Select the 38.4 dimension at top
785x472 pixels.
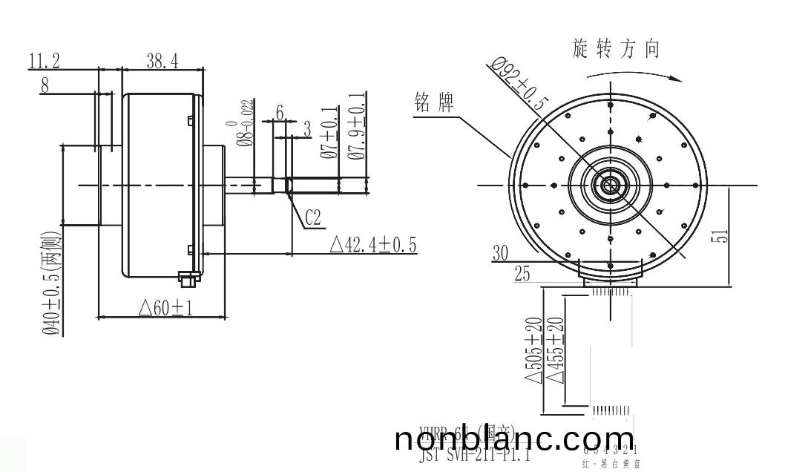coord(162,62)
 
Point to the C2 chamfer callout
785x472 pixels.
coord(313,217)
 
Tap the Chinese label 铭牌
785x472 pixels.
coord(435,104)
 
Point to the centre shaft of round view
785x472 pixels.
coord(610,185)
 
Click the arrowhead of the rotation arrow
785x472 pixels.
coord(677,76)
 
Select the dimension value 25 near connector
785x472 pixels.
coord(522,274)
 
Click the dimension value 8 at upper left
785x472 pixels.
coord(45,85)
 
